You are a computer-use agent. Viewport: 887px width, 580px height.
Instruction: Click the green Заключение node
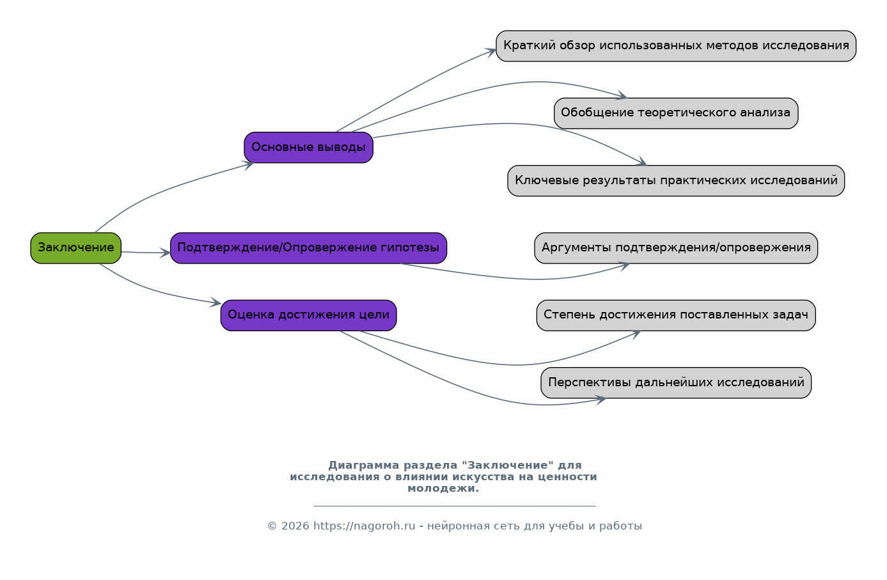(75, 248)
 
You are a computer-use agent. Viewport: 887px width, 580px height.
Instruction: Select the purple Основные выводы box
(308, 147)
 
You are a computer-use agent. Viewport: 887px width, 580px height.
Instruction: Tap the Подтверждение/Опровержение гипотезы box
(308, 248)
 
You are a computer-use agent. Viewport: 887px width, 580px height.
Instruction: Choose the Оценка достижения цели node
(308, 315)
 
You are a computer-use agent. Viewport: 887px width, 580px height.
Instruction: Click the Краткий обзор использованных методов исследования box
(676, 46)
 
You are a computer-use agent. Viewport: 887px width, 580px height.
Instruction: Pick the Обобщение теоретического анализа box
(676, 113)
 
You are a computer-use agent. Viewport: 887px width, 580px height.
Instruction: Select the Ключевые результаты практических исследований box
(676, 180)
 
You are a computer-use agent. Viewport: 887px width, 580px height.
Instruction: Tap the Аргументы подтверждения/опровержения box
(676, 248)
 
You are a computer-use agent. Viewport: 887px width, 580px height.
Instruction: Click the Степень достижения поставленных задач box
(676, 315)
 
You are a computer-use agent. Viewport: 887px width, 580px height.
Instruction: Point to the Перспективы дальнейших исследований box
(676, 382)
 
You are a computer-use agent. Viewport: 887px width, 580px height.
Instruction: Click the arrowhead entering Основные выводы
(249, 165)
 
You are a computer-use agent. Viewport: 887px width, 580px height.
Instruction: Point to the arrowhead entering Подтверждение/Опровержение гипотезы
(165, 253)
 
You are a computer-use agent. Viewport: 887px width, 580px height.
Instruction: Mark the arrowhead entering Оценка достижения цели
(216, 302)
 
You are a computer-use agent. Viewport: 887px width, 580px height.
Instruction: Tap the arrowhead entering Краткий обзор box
(491, 51)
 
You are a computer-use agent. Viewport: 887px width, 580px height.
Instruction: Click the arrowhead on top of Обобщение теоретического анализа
(622, 95)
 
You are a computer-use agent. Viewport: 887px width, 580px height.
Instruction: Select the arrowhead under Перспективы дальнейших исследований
(601, 400)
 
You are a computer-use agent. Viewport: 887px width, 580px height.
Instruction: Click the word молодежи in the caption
(443, 489)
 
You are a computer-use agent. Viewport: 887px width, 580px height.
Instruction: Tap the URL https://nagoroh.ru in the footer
(365, 526)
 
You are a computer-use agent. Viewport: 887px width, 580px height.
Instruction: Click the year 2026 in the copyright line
(295, 526)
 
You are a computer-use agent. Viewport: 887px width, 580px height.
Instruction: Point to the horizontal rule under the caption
(455, 506)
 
